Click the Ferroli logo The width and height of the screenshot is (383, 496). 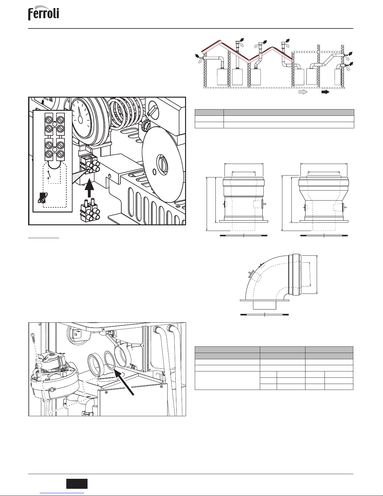[43, 13]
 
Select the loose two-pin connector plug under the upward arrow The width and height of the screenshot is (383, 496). [90, 210]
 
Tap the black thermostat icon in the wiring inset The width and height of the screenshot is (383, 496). [43, 198]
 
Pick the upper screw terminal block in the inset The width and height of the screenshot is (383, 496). [54, 124]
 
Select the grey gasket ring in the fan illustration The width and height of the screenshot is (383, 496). [109, 360]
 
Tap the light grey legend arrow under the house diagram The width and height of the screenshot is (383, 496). [303, 92]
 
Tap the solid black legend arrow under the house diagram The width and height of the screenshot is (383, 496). [325, 92]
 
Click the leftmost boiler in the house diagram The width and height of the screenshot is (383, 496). [222, 77]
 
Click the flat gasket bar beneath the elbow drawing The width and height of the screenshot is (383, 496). [265, 314]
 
